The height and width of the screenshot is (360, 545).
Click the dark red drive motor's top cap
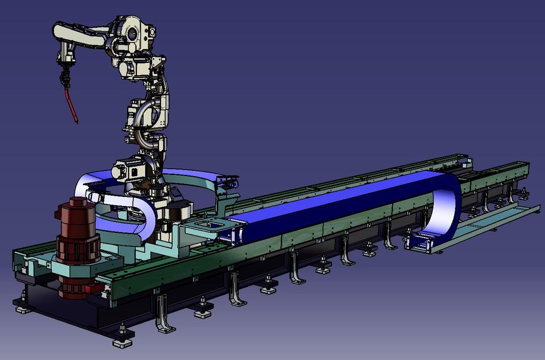[77, 203]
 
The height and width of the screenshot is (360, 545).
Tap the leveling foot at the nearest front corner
[123, 342]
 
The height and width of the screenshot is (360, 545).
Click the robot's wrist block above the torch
[65, 56]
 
